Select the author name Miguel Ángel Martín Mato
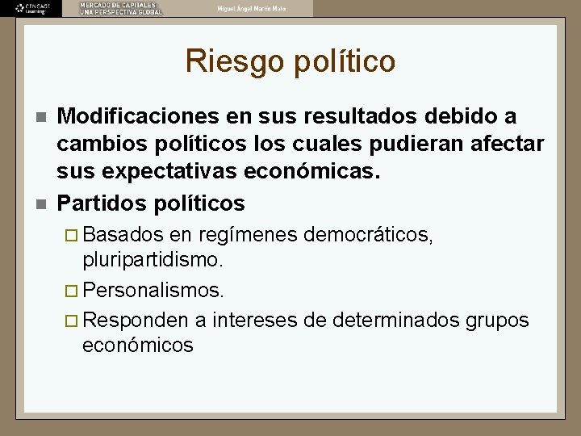[x=251, y=8]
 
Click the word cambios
[x=95, y=144]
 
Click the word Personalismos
[x=153, y=289]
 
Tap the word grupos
[x=497, y=320]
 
